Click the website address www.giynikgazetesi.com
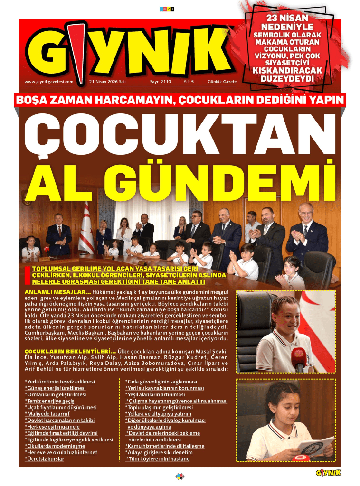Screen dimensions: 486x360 coord(49,82)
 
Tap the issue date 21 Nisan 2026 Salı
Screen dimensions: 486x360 coord(107,82)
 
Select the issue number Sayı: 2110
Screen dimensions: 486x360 coord(160,82)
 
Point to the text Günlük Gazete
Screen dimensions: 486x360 coord(222,82)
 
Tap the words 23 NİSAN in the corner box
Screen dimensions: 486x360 coord(284,19)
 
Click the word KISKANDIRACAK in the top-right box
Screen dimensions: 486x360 coord(284,70)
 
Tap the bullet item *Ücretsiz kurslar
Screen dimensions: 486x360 coord(44,459)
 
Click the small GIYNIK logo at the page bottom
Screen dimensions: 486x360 coord(328,472)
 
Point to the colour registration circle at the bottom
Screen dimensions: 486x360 coord(180,477)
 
